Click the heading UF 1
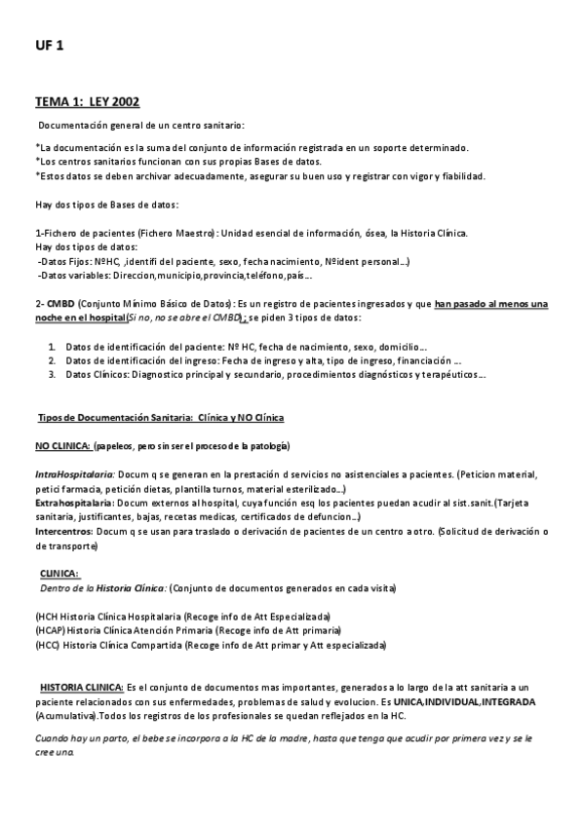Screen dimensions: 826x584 (49, 46)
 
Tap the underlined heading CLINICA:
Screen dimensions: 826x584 (59, 575)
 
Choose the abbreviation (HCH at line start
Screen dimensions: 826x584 (46, 617)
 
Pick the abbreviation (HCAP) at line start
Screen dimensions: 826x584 (50, 630)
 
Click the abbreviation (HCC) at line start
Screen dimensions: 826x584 (48, 645)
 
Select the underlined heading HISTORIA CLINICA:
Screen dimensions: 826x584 (82, 688)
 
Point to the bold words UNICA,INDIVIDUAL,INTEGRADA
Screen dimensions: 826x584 (470, 702)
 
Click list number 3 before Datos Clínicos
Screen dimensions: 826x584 (52, 374)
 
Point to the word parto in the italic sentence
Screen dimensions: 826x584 (115, 739)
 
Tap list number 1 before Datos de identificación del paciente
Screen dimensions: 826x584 (52, 346)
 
